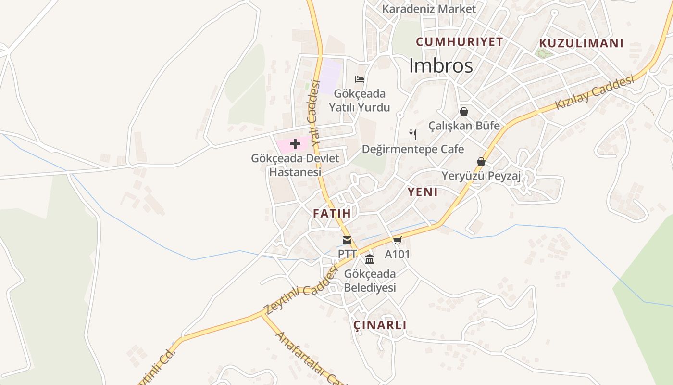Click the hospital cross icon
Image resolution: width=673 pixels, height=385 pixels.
pos(295,144)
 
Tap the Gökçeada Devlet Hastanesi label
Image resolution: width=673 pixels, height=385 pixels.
pos(295,165)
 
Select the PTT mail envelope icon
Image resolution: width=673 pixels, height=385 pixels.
pos(347,240)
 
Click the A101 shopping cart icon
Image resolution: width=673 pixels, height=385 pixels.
pos(397,240)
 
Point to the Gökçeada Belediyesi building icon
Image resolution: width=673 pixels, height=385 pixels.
pos(370,259)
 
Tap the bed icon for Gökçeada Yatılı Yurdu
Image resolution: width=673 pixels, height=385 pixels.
pos(360,79)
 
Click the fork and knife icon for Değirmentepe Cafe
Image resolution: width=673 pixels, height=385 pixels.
pos(412,134)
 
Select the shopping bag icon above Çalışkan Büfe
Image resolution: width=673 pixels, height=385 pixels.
pos(464,112)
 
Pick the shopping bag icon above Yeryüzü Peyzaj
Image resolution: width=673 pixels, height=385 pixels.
pos(481,162)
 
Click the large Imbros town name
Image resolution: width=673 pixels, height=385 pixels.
pos(441,66)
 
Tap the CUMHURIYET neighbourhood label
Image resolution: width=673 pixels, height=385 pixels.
pos(459,42)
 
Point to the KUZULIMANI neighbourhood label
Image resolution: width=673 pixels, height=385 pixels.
pos(581,43)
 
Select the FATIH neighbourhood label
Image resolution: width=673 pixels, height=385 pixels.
pos(332,213)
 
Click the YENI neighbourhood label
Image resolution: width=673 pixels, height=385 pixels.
pos(423,192)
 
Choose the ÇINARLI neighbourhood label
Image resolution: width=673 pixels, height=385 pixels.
pos(380,325)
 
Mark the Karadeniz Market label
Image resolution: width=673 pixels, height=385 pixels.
pos(429,9)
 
